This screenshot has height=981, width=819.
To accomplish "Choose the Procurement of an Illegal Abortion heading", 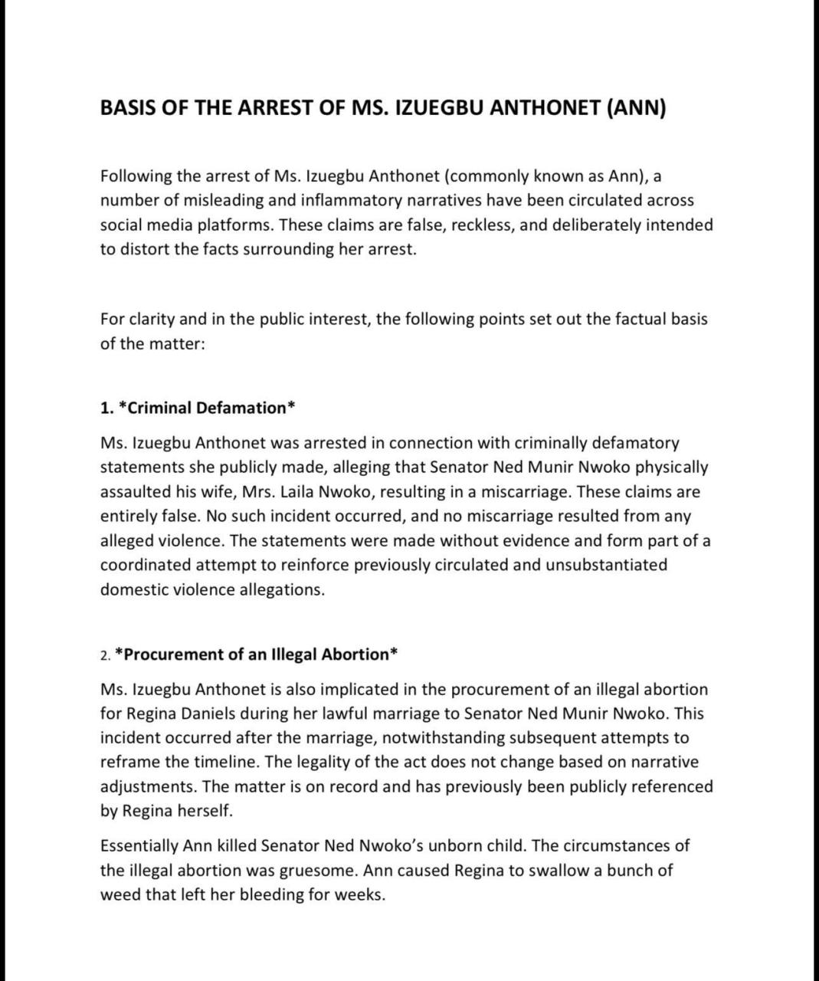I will (x=256, y=655).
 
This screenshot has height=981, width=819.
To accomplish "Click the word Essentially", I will (x=139, y=846).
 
